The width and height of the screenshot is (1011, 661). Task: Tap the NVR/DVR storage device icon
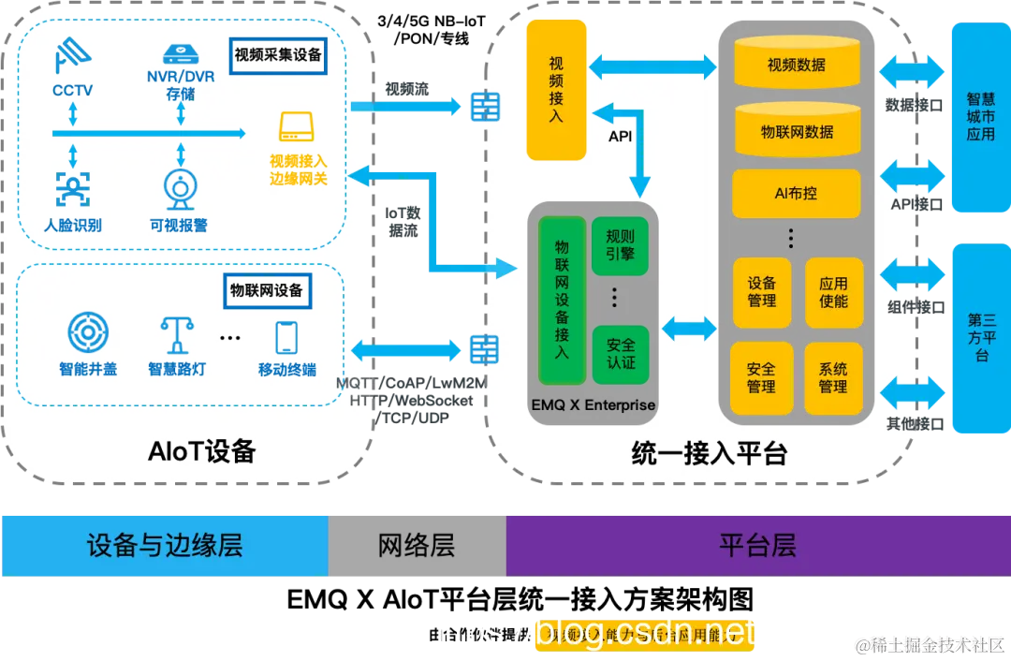(x=179, y=53)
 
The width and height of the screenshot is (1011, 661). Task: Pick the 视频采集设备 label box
(x=277, y=54)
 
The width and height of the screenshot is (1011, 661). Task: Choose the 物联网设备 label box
(x=267, y=291)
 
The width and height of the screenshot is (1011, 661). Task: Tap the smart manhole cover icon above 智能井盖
(x=88, y=332)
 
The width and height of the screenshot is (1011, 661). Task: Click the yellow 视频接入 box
(x=556, y=90)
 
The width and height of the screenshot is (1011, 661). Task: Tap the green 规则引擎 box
(x=620, y=245)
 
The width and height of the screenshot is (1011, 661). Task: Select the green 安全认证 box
(x=620, y=353)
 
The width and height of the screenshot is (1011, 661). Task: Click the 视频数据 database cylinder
(x=797, y=64)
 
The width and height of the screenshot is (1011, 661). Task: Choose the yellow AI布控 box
(x=797, y=193)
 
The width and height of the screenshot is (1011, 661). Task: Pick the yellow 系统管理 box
(x=833, y=377)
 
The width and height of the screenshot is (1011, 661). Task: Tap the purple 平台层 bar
(x=757, y=545)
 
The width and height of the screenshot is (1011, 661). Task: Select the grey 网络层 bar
(x=417, y=545)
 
